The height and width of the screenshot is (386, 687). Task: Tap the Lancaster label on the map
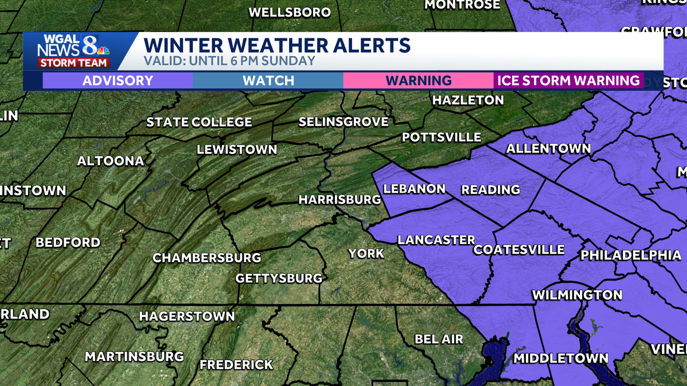point(436,240)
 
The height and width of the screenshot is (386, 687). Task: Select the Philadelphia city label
point(631,255)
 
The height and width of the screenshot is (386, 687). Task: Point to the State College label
point(199,122)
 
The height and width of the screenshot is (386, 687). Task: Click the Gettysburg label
point(279,278)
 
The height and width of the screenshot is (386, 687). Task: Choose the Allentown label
point(548,149)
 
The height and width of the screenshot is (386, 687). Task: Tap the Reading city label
point(491,189)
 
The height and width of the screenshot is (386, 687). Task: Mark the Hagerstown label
point(187,316)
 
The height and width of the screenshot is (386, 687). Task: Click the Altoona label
point(110,161)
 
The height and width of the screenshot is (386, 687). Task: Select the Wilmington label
point(577,295)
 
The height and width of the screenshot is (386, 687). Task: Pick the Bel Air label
point(439,339)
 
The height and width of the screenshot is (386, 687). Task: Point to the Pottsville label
point(441,137)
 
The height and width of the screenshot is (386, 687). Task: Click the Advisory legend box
point(118,81)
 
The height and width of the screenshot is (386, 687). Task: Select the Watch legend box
point(268,81)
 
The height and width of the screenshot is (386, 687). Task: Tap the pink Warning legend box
point(418,81)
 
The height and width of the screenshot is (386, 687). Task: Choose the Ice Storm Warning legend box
point(568,81)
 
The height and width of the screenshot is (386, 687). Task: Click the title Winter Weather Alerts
point(277,45)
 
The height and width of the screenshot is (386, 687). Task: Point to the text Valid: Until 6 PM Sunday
point(230,61)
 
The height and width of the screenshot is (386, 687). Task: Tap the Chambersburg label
point(207,258)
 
